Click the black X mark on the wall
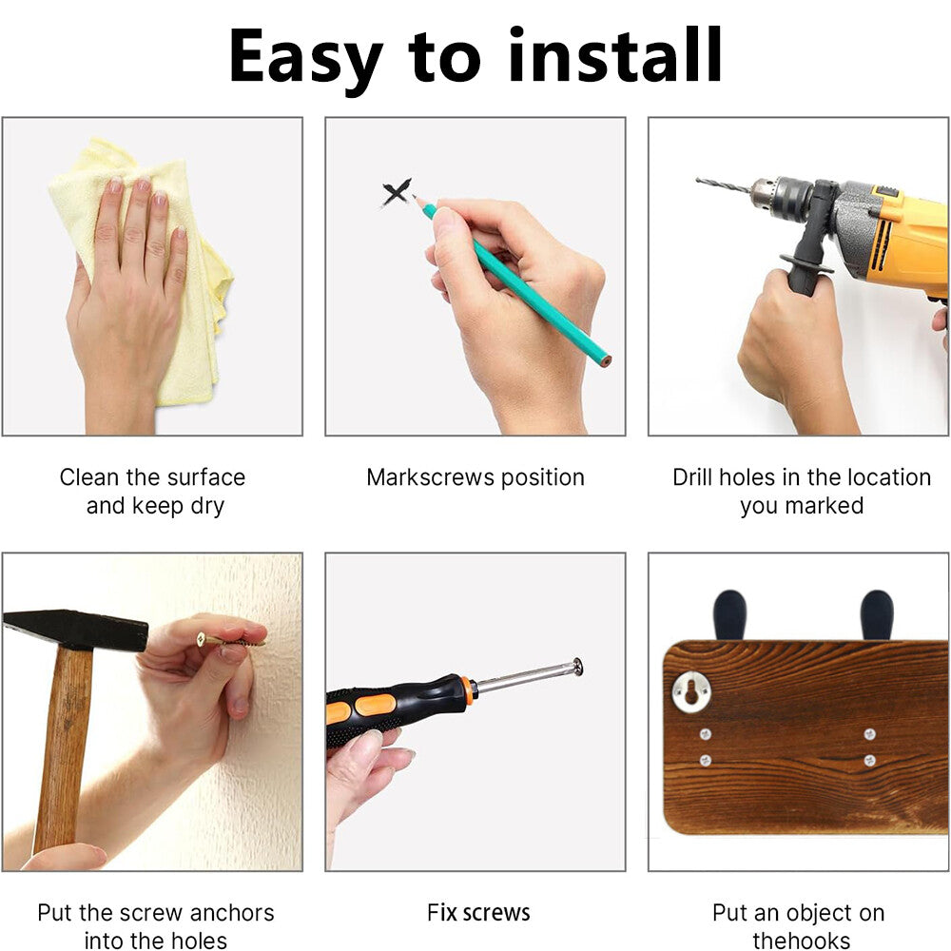[x=396, y=193]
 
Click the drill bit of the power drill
[x=724, y=185]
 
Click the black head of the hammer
[x=75, y=630]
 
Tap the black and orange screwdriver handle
[x=398, y=708]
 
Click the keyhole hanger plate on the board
[x=691, y=690]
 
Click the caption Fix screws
[x=478, y=912]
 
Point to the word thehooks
[x=801, y=941]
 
